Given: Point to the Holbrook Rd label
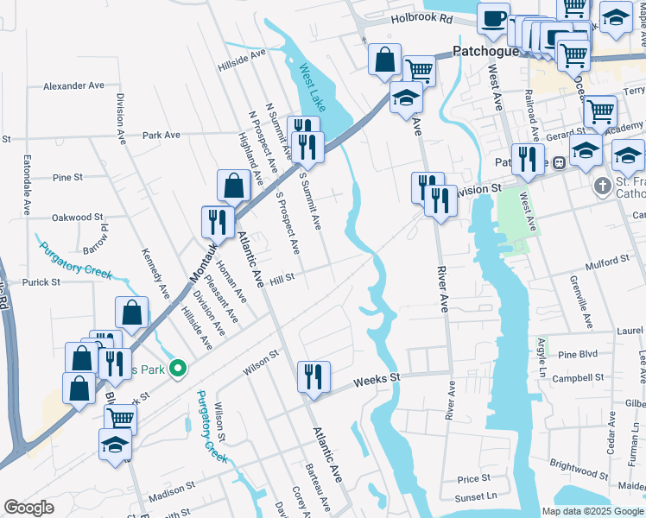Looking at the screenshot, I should [x=421, y=17].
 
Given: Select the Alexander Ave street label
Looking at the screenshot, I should [x=73, y=86].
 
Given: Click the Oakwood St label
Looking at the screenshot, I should [x=77, y=218].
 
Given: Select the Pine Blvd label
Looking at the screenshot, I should [x=578, y=355].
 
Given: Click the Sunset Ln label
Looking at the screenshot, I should [x=478, y=496].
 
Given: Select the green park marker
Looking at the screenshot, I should [x=179, y=369].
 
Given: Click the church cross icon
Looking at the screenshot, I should [x=603, y=186].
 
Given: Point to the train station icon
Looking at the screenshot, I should [x=559, y=161].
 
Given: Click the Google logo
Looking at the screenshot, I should [x=28, y=508].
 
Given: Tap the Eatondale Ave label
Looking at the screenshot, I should [x=27, y=185].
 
